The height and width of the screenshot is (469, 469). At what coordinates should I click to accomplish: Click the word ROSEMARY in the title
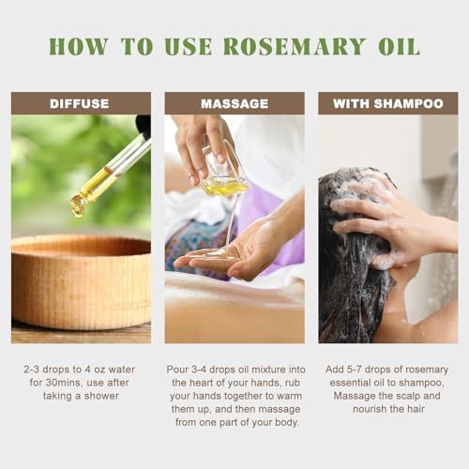(x=295, y=47)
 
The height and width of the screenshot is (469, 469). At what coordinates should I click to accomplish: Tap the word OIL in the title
(x=399, y=47)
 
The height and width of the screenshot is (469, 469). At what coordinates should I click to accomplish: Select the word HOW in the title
(x=79, y=47)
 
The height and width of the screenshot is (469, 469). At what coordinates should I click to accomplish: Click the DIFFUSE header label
(x=80, y=104)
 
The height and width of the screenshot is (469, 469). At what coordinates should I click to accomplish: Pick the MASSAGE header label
(x=234, y=104)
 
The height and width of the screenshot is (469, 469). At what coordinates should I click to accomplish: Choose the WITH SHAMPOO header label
(x=388, y=104)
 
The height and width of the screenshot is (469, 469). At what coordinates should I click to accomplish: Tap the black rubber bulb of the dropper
(x=144, y=125)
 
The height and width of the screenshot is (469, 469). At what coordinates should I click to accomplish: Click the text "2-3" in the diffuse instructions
(x=32, y=370)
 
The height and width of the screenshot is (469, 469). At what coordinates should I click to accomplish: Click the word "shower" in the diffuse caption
(x=101, y=396)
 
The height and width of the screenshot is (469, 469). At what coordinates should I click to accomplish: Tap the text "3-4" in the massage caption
(x=199, y=370)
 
